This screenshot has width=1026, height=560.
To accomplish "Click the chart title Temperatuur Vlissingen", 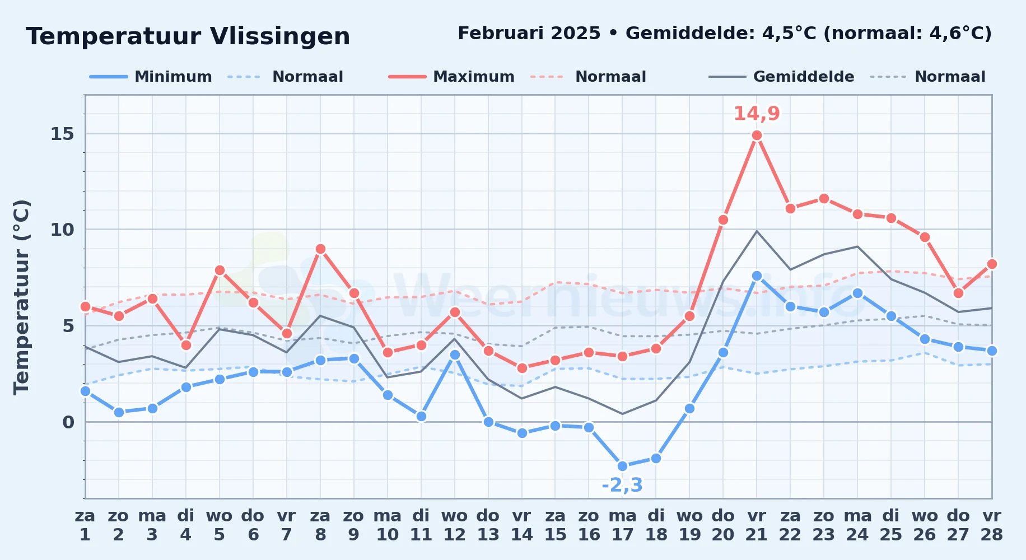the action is click(188, 36).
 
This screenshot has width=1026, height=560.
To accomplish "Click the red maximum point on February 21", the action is click(757, 135).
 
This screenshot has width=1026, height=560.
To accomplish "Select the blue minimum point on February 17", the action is click(622, 466).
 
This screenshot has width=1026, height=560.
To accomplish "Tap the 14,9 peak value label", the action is click(757, 114).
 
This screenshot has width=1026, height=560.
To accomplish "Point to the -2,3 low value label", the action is click(622, 485).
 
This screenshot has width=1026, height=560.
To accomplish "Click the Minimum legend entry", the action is click(151, 77).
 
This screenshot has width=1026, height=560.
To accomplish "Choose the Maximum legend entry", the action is click(451, 77).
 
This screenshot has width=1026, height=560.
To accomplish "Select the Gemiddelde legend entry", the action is click(782, 77).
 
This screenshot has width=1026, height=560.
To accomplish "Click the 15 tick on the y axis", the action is click(62, 134).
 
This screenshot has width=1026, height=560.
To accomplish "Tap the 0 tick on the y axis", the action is click(68, 422).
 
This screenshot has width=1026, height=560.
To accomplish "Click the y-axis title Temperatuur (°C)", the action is click(21, 297).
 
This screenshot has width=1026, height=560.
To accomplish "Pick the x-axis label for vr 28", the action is click(991, 525).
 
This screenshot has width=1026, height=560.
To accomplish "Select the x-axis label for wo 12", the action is click(454, 525).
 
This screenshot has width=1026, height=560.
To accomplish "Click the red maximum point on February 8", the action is click(320, 249).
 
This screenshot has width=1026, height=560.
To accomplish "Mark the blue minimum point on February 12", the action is click(455, 354).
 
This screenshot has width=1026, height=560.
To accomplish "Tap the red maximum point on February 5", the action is click(220, 270).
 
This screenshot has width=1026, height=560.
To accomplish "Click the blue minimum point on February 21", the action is click(757, 276).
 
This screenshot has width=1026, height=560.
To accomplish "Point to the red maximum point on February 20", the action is click(723, 220).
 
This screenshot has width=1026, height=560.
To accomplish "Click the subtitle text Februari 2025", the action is click(529, 34).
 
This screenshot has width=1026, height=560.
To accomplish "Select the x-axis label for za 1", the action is click(85, 525).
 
